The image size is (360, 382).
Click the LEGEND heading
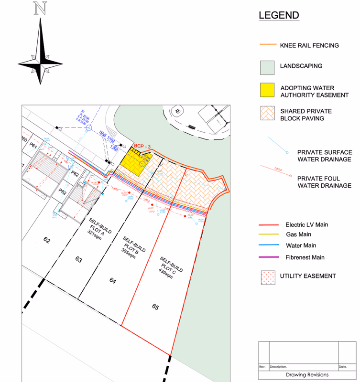coord(279,15)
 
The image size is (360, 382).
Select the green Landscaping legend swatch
coord(267,67)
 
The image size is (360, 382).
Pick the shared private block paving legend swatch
coord(267,114)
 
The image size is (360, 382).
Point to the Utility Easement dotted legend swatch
coord(267,276)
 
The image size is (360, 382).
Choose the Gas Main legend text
coord(298,234)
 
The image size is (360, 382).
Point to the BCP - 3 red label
coord(142,146)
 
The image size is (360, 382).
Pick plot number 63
coord(79,260)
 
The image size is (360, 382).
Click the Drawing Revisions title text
coord(307,375)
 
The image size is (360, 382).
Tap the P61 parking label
coord(33,145)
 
